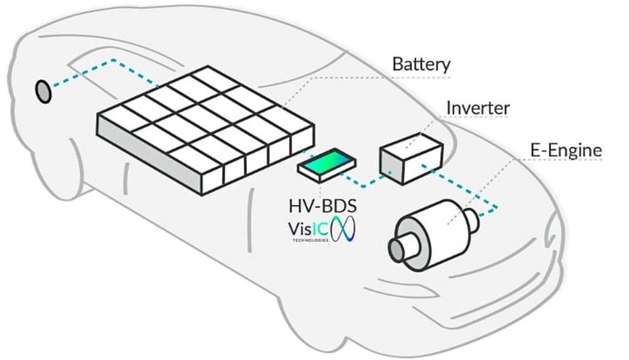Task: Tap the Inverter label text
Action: click(477, 108)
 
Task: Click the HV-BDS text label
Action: click(323, 207)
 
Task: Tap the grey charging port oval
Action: click(43, 91)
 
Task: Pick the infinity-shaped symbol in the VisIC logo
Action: click(345, 230)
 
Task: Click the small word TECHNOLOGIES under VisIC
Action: click(310, 240)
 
